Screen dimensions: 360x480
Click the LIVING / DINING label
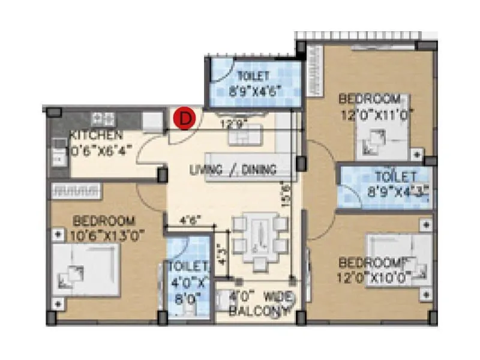pyautogui.click(x=233, y=170)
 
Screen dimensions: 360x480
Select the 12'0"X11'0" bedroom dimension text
pyautogui.click(x=377, y=116)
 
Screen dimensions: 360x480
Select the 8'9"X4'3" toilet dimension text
pyautogui.click(x=395, y=193)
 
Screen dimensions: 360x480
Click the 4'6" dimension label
pyautogui.click(x=188, y=218)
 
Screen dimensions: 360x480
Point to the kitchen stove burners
pyautogui.click(x=101, y=118)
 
